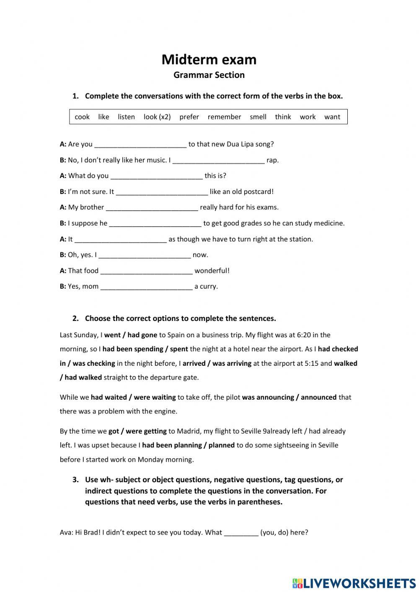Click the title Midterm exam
(209, 59)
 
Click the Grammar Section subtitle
(209, 75)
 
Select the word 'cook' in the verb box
(82, 117)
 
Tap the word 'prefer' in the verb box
(189, 117)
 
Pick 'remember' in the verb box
(224, 117)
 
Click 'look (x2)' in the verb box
(157, 117)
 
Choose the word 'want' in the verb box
(332, 117)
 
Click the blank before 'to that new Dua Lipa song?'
(140, 145)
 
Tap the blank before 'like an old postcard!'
(162, 192)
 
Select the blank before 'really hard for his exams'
(152, 207)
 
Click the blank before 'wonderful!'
(147, 271)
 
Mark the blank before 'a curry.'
(147, 287)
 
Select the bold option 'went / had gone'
(130, 335)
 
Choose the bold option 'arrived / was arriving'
(217, 363)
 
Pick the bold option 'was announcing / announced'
(289, 397)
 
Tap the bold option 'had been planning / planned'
(188, 445)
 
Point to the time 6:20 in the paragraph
(307, 335)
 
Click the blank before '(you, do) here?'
(241, 533)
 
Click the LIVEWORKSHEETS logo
(354, 583)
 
